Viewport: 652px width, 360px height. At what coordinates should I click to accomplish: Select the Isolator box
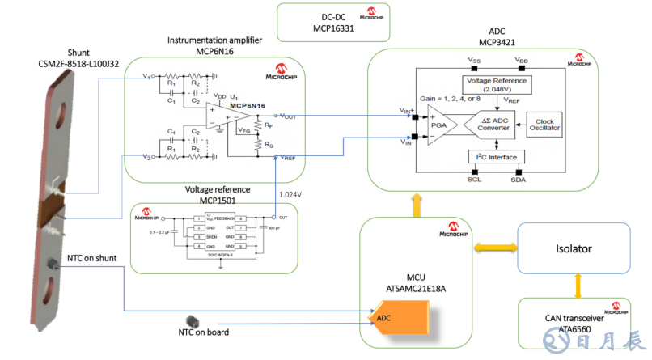(x=574, y=249)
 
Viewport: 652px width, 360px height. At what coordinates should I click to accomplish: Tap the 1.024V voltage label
(x=290, y=195)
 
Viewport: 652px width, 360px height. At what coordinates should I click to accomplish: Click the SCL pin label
(x=473, y=180)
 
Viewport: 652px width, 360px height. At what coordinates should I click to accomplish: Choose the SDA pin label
(x=517, y=180)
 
